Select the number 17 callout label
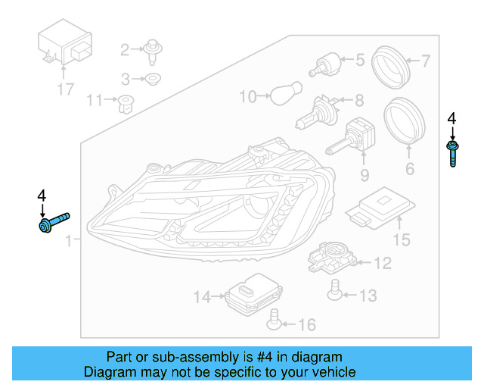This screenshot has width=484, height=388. [65, 89]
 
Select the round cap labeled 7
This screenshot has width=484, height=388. [392, 64]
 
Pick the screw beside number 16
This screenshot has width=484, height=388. [275, 324]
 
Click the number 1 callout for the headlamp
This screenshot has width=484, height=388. [69, 242]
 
